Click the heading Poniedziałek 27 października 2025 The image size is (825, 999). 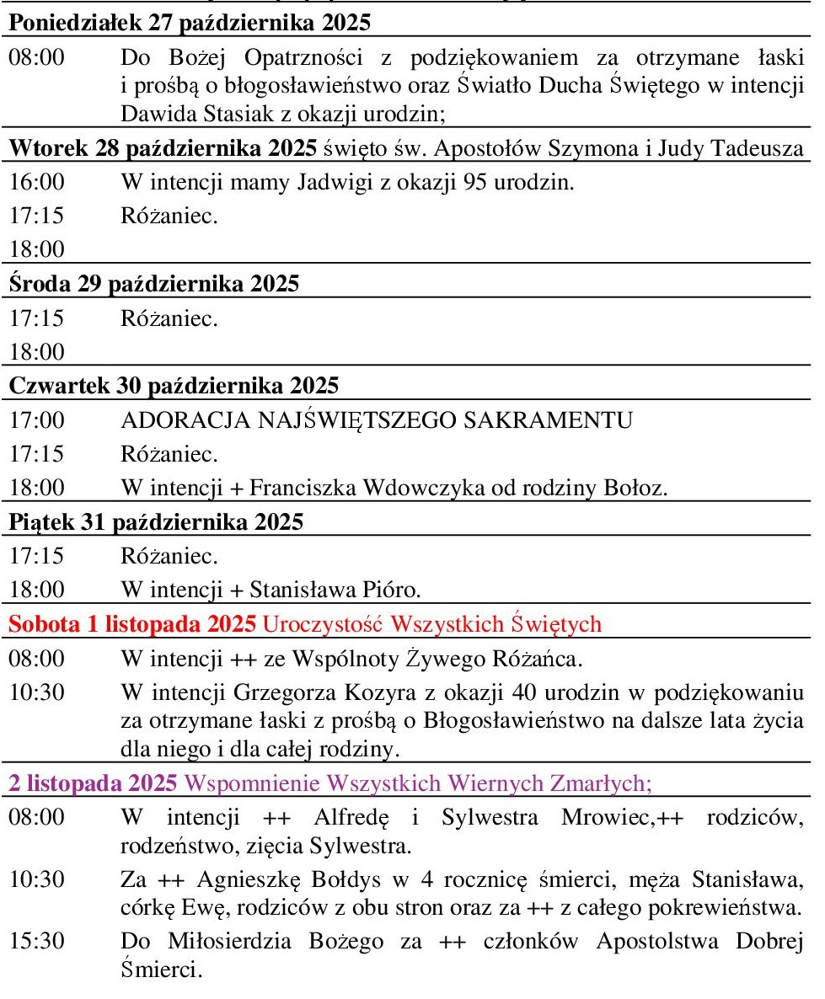coord(191,23)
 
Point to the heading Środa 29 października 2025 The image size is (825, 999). coord(154,284)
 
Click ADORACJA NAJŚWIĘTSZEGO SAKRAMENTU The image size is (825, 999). coord(377,420)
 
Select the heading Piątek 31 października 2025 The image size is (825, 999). coord(156,522)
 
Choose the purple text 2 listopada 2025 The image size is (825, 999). coord(93,783)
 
